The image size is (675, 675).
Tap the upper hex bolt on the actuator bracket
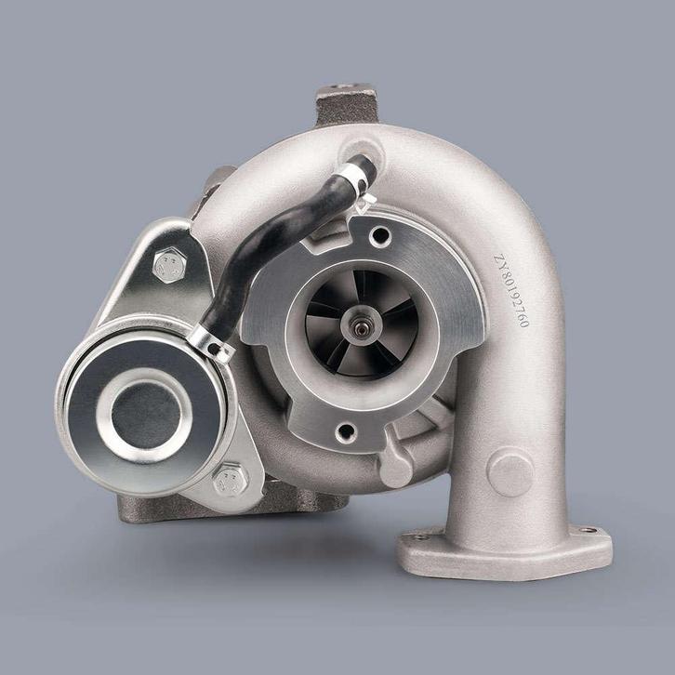tap(168, 267)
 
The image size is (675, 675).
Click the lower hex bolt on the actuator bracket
tap(230, 481)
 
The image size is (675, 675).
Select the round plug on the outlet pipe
tap(510, 471)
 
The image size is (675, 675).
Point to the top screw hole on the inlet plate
tap(377, 236)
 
